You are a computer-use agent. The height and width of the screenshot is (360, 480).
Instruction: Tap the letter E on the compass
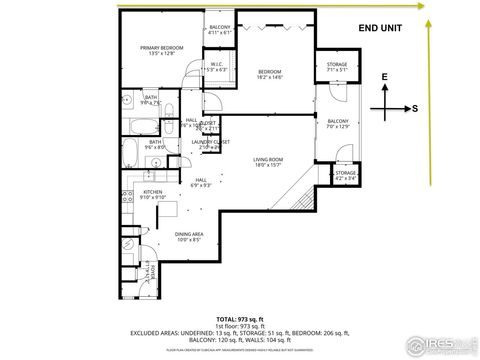[384, 77]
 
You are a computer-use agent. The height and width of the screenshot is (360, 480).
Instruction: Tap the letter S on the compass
[415, 108]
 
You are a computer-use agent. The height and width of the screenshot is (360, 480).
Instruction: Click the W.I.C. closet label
[216, 69]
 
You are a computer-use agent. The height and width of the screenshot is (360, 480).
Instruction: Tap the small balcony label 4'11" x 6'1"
[220, 30]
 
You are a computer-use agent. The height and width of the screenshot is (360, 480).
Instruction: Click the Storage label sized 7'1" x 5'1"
[336, 68]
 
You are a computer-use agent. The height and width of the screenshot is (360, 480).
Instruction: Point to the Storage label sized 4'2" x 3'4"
[345, 176]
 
